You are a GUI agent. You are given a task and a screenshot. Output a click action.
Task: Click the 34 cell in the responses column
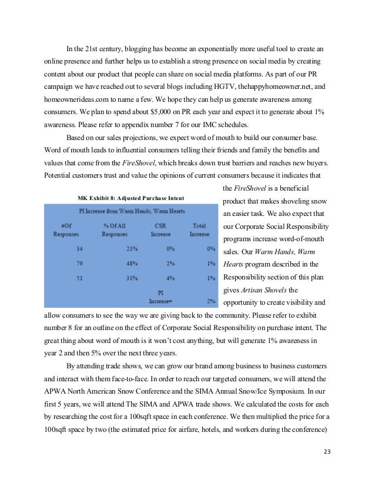[79, 248]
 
